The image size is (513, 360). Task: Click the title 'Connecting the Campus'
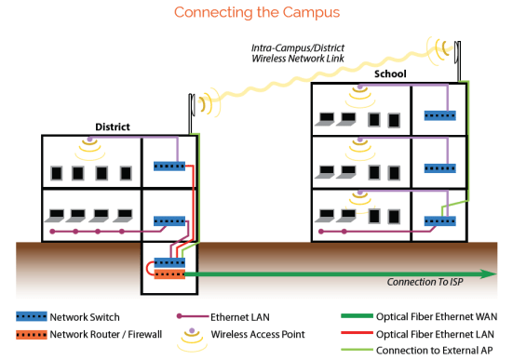click(x=256, y=13)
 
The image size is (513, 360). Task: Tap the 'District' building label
click(x=113, y=127)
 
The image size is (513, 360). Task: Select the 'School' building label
click(x=389, y=73)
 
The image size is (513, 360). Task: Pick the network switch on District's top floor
click(x=169, y=166)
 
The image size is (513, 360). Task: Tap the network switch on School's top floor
click(x=439, y=115)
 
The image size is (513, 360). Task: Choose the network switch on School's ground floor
click(x=439, y=221)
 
